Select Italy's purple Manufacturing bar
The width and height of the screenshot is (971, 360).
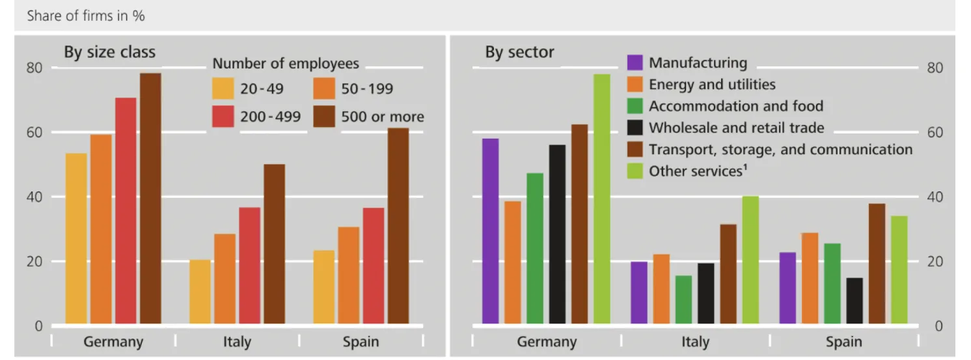pos(639,292)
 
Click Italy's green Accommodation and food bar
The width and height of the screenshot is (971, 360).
pos(683,299)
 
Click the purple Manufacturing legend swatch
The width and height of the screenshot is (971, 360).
pos(635,63)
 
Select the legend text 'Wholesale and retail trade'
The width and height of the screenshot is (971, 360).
pos(736,128)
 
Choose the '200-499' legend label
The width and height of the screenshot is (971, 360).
pos(270,117)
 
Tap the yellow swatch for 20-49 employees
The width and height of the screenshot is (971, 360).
pos(223,89)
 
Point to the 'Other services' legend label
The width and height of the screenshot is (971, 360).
pos(696,171)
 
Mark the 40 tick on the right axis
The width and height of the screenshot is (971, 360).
pos(934,197)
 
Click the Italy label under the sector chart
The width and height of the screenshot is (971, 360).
pos(695,342)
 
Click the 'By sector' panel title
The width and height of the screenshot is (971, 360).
pos(519,52)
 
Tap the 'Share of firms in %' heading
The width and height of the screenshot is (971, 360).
pos(85,16)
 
